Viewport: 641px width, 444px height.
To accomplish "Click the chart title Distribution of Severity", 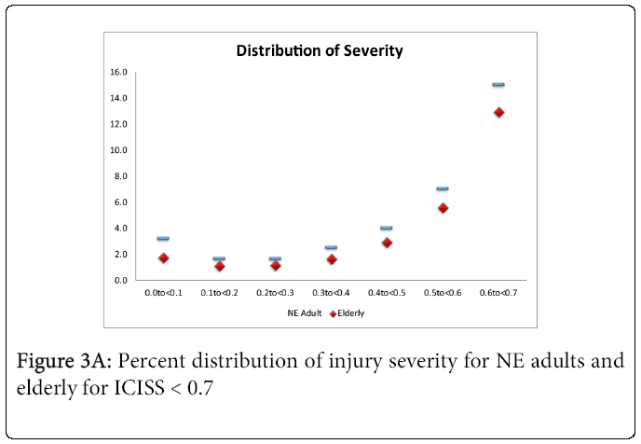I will click(x=320, y=49).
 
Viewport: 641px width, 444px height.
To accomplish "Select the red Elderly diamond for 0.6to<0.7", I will click(x=498, y=112).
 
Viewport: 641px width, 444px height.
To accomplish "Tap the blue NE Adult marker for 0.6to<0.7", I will click(x=498, y=85).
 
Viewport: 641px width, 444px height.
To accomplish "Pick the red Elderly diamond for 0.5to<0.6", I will click(x=443, y=208).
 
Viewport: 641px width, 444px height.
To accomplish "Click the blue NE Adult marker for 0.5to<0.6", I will click(x=443, y=189).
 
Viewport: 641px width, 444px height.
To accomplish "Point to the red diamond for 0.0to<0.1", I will click(x=163, y=257).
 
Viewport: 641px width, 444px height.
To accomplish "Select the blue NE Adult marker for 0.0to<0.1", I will click(x=163, y=239).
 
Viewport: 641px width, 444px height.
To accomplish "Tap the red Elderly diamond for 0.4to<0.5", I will click(x=387, y=243).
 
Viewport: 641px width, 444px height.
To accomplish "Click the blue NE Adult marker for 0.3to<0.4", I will click(x=331, y=248).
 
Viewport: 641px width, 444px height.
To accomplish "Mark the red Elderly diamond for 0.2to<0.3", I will click(x=275, y=265).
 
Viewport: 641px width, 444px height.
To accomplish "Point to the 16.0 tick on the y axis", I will click(x=118, y=72).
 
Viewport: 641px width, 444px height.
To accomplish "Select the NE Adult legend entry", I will click(x=304, y=313).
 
